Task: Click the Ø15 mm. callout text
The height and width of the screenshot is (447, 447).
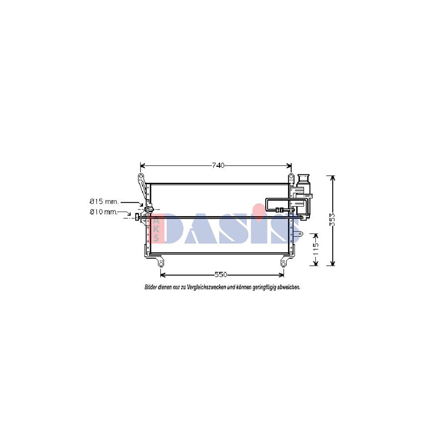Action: pyautogui.click(x=104, y=202)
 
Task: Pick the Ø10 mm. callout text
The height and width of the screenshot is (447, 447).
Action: pyautogui.click(x=103, y=212)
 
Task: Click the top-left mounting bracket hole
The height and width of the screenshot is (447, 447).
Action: pyautogui.click(x=141, y=177)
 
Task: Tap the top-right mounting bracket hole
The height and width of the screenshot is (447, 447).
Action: pyautogui.click(x=291, y=177)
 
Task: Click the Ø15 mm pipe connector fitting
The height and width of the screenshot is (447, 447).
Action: pyautogui.click(x=148, y=210)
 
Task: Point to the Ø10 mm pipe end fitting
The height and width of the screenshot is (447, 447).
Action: pyautogui.click(x=137, y=217)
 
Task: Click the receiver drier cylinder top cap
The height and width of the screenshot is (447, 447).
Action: pyautogui.click(x=303, y=177)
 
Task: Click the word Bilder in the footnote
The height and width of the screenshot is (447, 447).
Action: pyautogui.click(x=151, y=287)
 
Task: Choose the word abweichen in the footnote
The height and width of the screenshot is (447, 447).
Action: pyautogui.click(x=289, y=287)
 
